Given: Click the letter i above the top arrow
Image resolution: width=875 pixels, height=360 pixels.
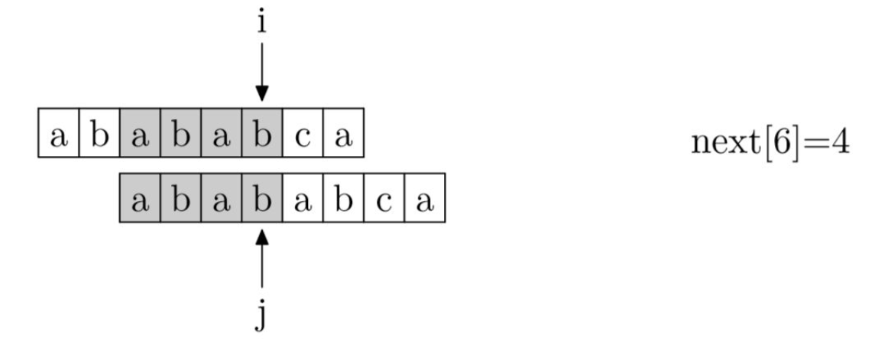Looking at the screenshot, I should point(261,22).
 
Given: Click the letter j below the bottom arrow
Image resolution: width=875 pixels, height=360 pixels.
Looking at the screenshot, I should point(261,314).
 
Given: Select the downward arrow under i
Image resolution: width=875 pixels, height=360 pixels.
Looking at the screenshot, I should point(261,72).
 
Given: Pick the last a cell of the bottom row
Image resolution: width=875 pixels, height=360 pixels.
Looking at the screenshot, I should point(424,203).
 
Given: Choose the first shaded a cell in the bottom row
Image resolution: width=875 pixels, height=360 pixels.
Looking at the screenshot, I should point(140,203).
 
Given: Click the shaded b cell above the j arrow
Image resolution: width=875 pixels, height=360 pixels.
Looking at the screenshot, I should point(261,203).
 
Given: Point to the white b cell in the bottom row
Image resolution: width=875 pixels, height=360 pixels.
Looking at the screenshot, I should point(343,203).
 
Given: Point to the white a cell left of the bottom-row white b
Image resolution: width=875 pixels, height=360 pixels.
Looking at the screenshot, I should point(302,203).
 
